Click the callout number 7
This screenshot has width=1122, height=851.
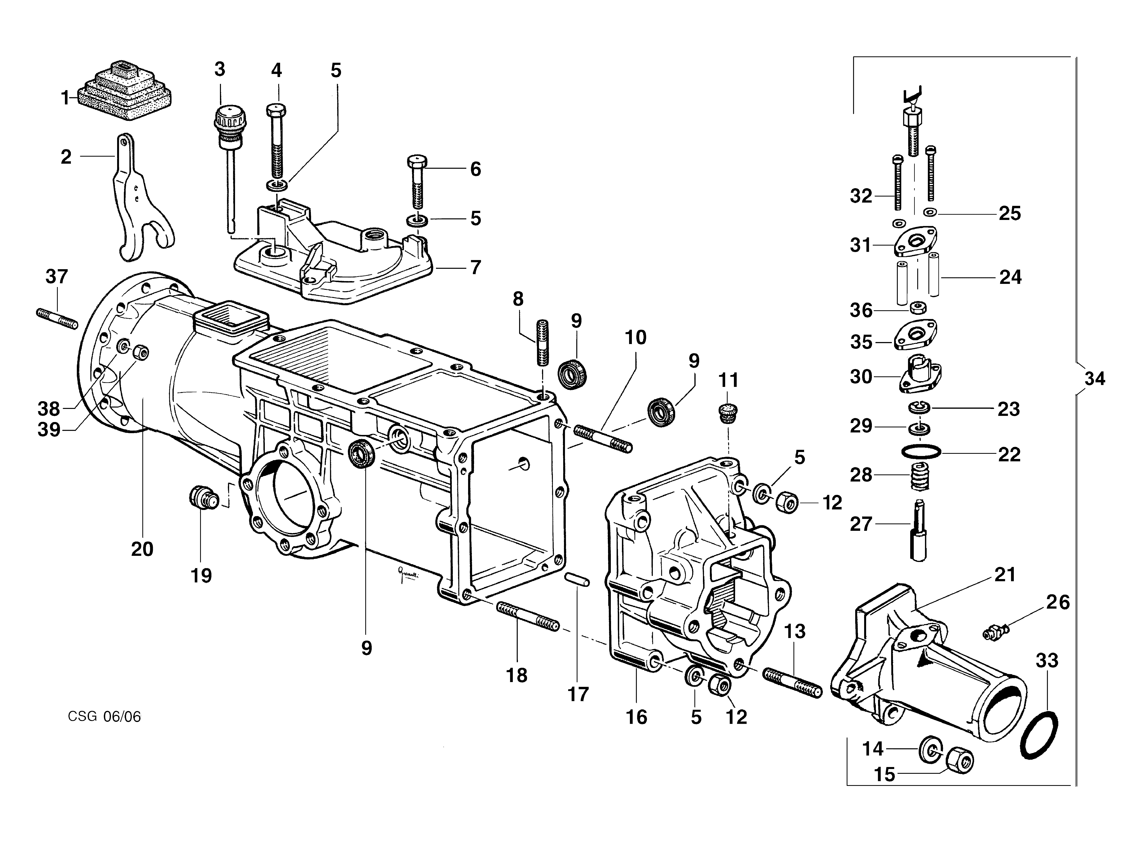pos(475,267)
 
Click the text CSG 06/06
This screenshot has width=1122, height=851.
pos(104,717)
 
